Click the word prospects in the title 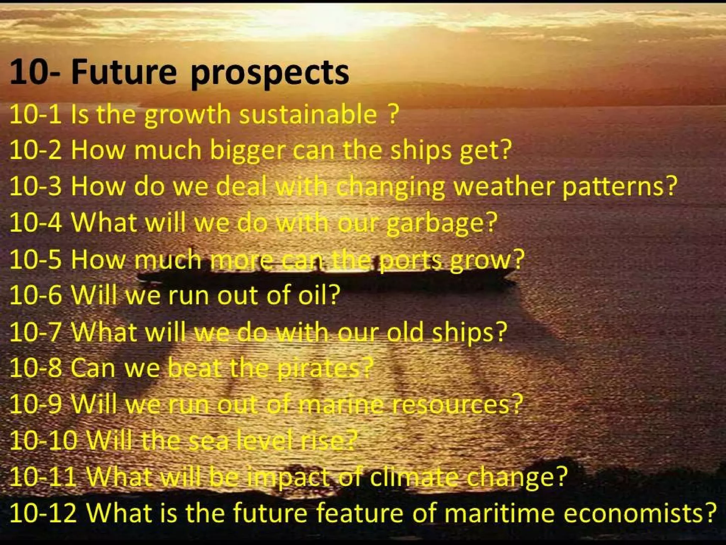pyautogui.click(x=269, y=73)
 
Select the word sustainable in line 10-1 pyautogui.click(x=308, y=115)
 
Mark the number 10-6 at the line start pyautogui.click(x=35, y=296)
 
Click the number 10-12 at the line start pyautogui.click(x=43, y=513)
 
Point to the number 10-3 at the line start pyautogui.click(x=35, y=187)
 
